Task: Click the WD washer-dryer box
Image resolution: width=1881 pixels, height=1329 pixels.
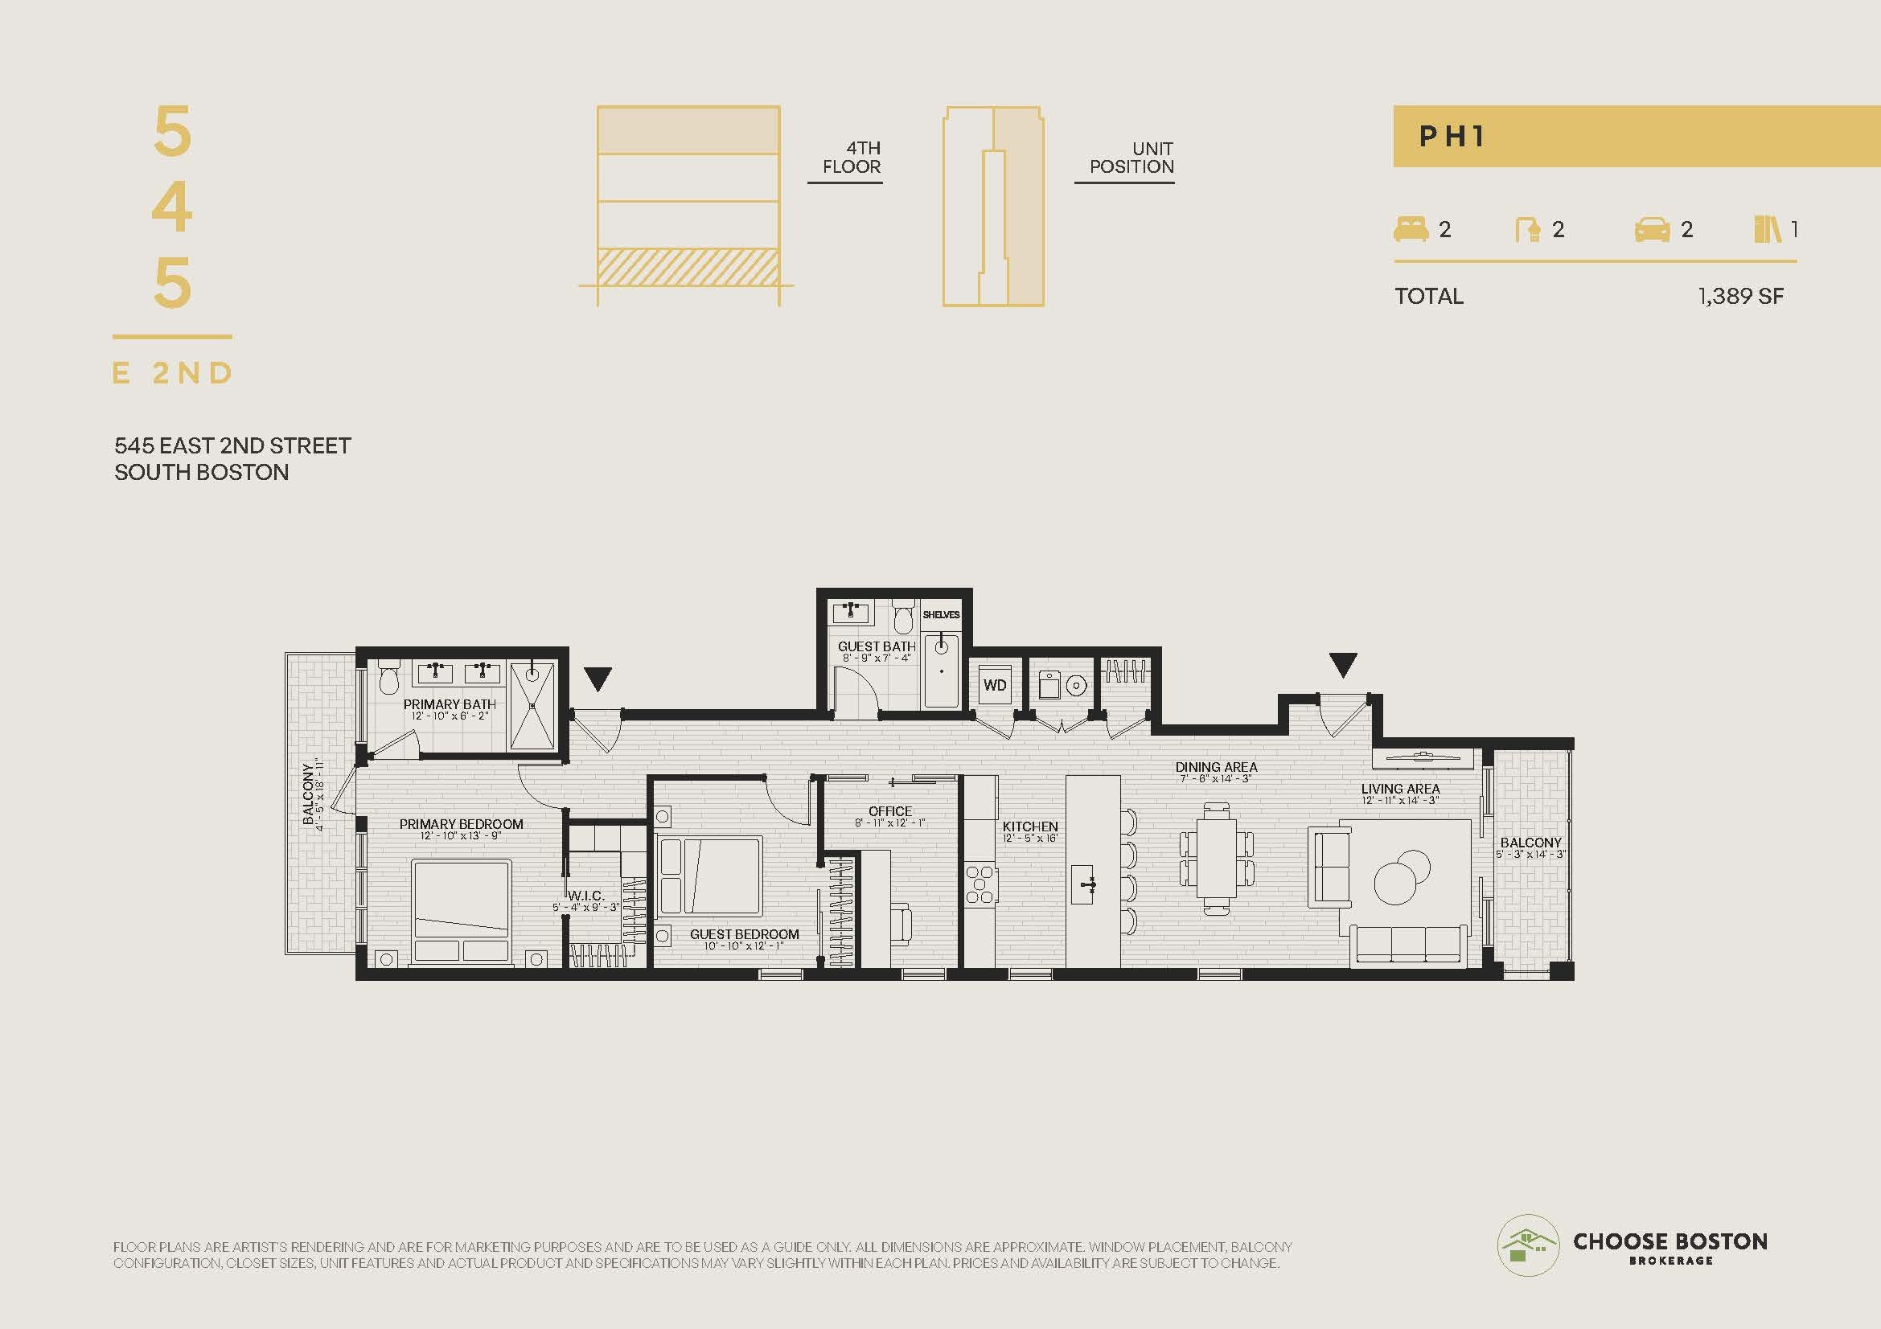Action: (995, 684)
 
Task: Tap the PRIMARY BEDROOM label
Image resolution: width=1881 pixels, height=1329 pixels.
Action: (462, 824)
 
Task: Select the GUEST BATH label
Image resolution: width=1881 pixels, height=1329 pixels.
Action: (877, 646)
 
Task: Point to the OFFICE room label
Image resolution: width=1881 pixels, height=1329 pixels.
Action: (890, 810)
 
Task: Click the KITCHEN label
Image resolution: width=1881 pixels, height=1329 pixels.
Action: (1030, 827)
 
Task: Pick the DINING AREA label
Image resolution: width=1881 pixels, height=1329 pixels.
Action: (1216, 767)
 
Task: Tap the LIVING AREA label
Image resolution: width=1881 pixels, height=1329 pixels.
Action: (1400, 789)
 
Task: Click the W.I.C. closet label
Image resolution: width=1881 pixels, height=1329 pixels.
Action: (585, 896)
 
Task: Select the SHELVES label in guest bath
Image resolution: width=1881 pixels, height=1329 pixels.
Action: (941, 614)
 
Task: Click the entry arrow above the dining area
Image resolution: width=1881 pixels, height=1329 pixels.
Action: (1342, 664)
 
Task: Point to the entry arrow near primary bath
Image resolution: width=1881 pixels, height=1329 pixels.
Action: (598, 679)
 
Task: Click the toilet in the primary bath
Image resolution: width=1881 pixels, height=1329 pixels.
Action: (389, 676)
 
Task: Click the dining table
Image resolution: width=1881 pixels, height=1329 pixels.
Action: (1216, 857)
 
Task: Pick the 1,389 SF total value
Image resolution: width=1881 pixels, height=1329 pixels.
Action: (1741, 296)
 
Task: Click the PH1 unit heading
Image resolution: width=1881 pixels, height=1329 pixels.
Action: (1452, 136)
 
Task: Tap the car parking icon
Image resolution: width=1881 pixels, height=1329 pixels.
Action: (1652, 230)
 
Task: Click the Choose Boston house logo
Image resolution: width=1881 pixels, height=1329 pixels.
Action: (1528, 1245)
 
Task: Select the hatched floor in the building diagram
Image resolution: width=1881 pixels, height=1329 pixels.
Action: (688, 267)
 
